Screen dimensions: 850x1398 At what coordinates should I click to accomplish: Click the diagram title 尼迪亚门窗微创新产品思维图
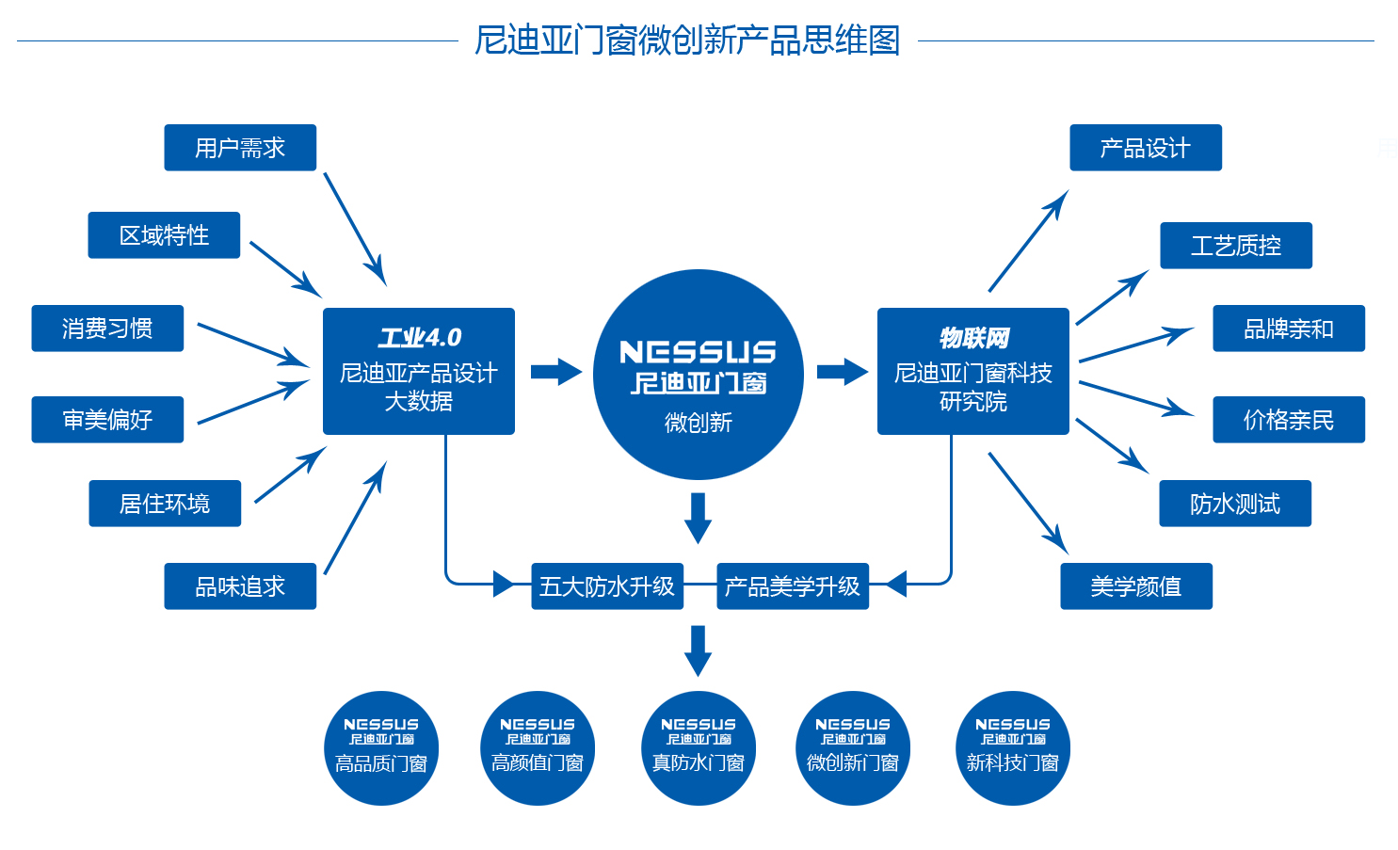[x=687, y=40]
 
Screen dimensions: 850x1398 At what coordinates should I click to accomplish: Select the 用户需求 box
[x=240, y=148]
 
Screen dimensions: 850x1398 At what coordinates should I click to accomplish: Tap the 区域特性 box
[x=164, y=235]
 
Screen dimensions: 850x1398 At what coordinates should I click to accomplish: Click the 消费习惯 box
[x=107, y=329]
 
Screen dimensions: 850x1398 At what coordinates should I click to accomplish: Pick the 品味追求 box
[x=240, y=586]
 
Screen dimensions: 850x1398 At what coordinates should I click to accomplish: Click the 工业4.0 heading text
[x=419, y=337]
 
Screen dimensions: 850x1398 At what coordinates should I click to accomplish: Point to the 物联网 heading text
[x=973, y=337]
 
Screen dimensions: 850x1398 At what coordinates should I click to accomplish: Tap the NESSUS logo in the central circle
[x=698, y=353]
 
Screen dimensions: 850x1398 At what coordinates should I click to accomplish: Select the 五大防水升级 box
[x=607, y=586]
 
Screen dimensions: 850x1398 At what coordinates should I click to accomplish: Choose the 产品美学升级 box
[x=792, y=586]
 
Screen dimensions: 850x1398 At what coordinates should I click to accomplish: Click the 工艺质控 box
[x=1235, y=246]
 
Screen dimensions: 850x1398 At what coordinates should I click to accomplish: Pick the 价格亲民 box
[x=1288, y=420]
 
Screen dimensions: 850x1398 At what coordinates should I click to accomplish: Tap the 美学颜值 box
[x=1135, y=586]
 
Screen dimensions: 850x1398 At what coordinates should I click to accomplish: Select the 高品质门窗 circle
[x=381, y=748]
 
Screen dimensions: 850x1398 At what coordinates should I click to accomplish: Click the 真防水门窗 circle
[x=698, y=748]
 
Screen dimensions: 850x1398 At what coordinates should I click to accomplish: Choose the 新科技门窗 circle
[x=1012, y=748]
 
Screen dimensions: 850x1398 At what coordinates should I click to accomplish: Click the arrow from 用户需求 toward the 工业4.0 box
[x=355, y=229]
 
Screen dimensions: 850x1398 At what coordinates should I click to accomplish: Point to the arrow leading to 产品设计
[x=1028, y=241]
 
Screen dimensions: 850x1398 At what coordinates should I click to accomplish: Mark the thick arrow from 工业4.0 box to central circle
[x=555, y=372]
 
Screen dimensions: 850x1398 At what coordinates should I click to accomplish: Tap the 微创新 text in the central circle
[x=698, y=423]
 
